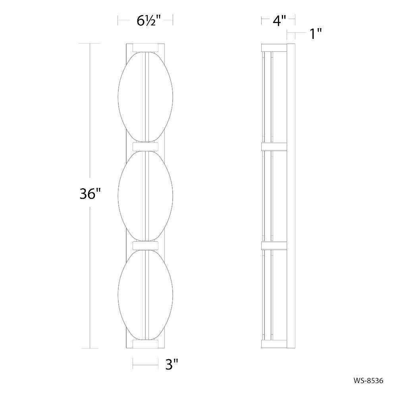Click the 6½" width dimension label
point(148,21)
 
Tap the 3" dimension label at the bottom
point(172,364)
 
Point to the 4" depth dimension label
point(279,21)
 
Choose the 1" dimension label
point(316,34)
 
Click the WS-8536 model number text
point(368,381)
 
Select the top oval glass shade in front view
point(145,97)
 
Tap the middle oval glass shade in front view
point(145,196)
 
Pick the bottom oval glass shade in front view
point(145,295)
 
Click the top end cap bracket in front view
point(146,48)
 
